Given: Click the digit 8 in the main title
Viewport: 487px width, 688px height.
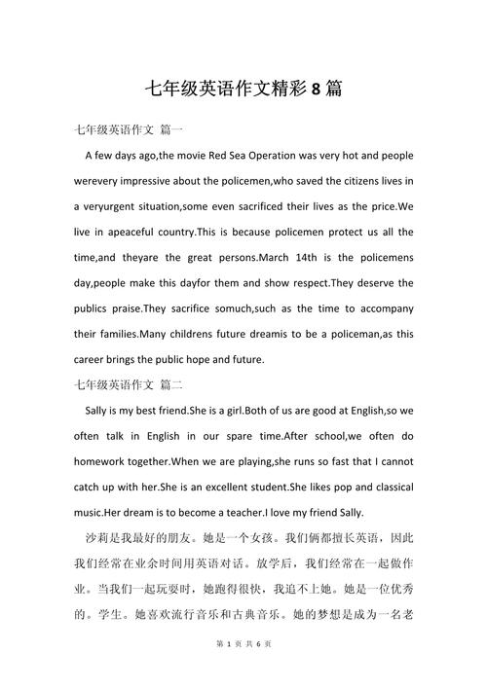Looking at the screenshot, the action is pos(316,91).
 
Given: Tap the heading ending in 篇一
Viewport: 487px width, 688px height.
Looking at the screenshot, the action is pos(128,129).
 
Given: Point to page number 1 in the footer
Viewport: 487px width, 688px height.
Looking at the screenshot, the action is pos(227,671).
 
